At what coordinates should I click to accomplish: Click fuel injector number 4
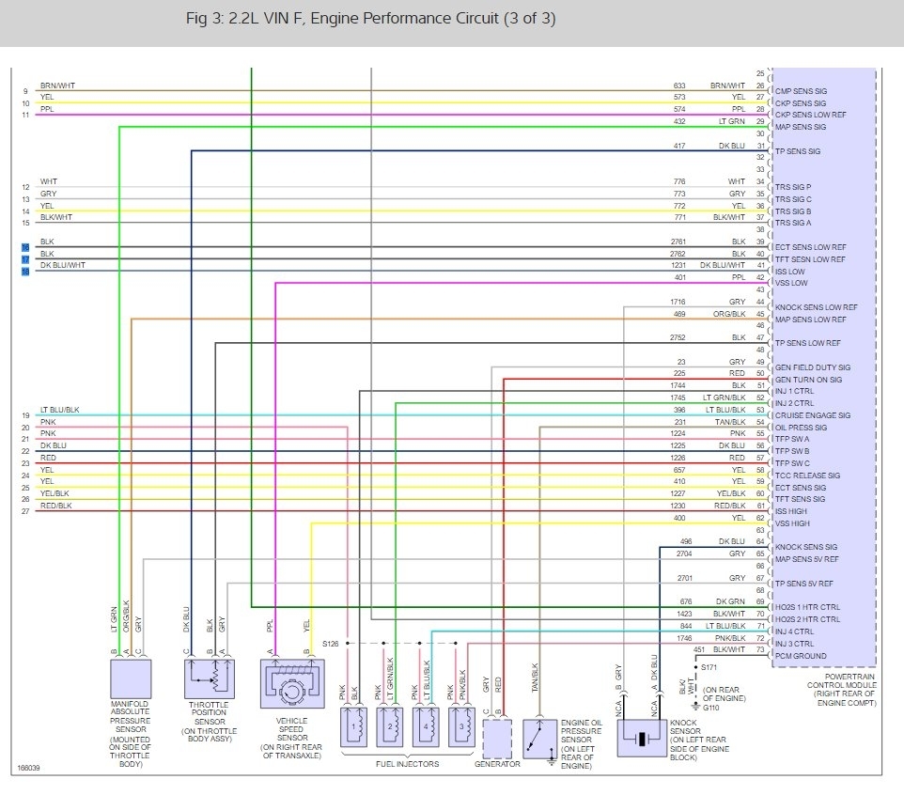coord(425,726)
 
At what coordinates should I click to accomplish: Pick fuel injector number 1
coord(353,726)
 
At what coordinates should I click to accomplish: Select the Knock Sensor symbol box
coord(641,737)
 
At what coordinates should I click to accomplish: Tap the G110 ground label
coord(710,708)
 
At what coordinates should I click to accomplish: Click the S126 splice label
coord(330,644)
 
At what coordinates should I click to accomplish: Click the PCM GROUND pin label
coord(801,656)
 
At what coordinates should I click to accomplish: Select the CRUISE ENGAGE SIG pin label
coord(812,415)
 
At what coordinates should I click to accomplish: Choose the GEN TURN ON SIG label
coord(808,380)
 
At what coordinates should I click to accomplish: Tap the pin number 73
coord(759,650)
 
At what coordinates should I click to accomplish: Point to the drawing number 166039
coord(29,768)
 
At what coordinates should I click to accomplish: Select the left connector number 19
coord(25,415)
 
